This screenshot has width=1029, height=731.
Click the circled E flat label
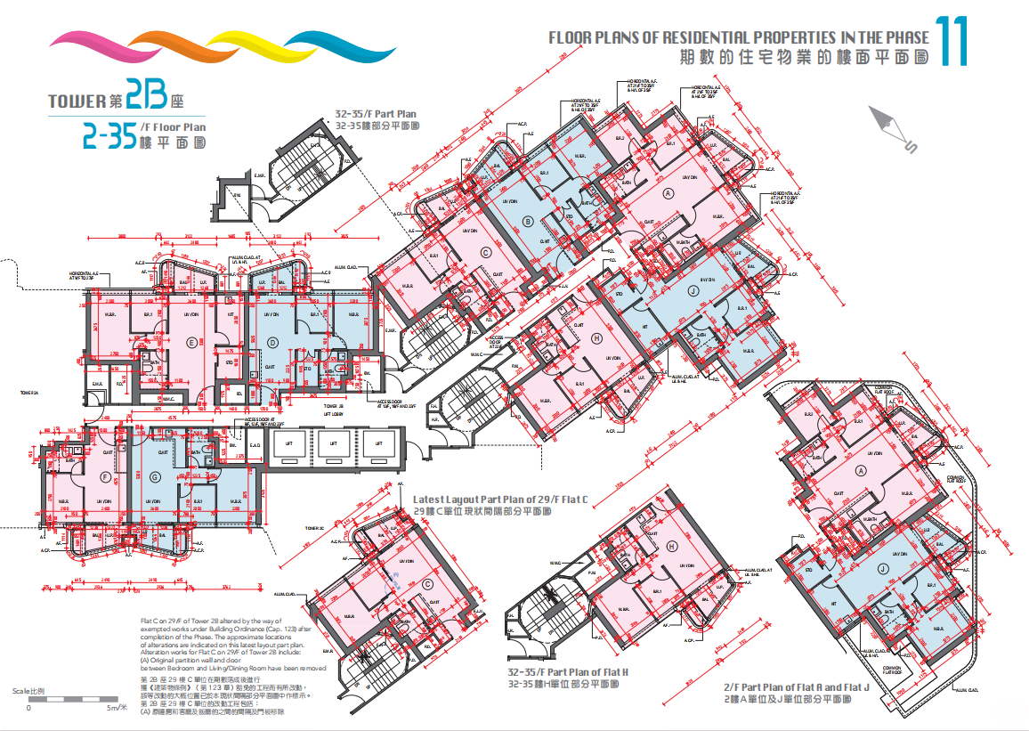click(190, 342)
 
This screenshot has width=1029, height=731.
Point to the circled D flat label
click(273, 342)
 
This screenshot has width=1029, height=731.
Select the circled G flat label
click(156, 478)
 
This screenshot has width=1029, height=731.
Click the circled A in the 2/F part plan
click(860, 471)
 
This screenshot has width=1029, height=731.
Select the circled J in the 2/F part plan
click(882, 568)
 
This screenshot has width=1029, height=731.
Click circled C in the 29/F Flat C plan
click(428, 585)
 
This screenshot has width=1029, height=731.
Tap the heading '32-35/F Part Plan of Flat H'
click(568, 672)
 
